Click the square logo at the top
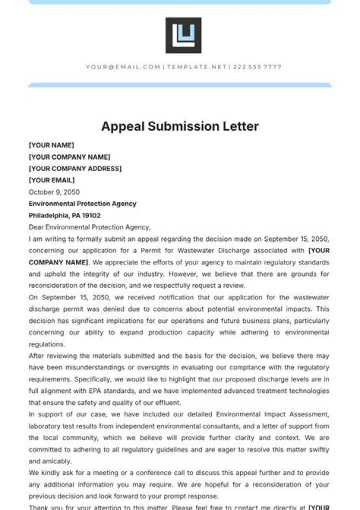coord(183,36)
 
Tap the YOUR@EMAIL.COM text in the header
coord(123,67)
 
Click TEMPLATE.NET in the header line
coord(196,67)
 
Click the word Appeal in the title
coord(122,126)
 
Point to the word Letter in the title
coord(241,126)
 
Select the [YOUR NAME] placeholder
coord(51,145)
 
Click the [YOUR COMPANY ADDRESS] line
coord(75,169)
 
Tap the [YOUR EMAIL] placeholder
coord(51,180)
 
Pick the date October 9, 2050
coord(54,192)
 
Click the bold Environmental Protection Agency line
coord(82,204)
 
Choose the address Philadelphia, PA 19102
coord(64,216)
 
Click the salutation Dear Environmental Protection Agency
coord(89,227)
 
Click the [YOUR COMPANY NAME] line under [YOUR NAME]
coord(69,157)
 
